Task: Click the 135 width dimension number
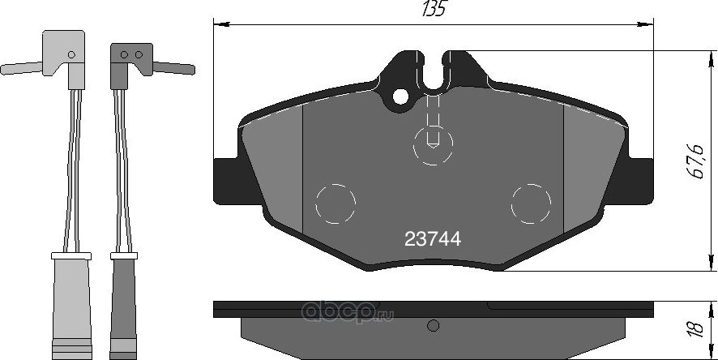pyautogui.click(x=434, y=10)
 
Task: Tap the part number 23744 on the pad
pyautogui.click(x=432, y=240)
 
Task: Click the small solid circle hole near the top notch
pyautogui.click(x=400, y=97)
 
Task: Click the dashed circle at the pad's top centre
pyautogui.click(x=434, y=146)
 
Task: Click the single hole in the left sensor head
pyautogui.click(x=71, y=55)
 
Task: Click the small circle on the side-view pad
pyautogui.click(x=433, y=327)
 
